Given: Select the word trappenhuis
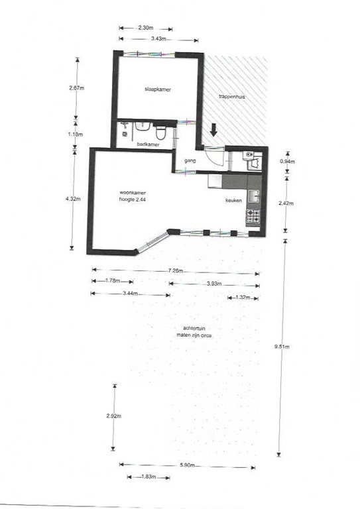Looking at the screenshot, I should pos(232,97).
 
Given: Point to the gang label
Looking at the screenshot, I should pos(189,160).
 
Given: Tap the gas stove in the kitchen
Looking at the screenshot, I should pos(253,215).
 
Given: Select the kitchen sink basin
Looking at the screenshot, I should pos(253,196).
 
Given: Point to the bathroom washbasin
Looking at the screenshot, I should pos(141,127).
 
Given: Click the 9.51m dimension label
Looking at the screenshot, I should pos(283,347).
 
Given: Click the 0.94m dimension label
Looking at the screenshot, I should pos(286,162).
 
